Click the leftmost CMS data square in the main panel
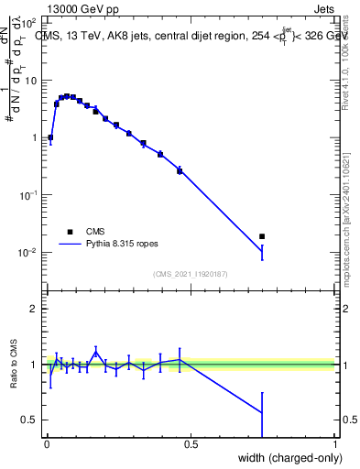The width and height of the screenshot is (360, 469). (50, 137)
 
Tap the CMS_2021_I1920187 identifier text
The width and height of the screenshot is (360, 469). (191, 274)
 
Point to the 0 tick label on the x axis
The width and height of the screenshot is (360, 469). (46, 444)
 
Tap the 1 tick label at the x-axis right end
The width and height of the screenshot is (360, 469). (334, 444)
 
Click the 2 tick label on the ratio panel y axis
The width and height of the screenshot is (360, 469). (34, 309)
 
